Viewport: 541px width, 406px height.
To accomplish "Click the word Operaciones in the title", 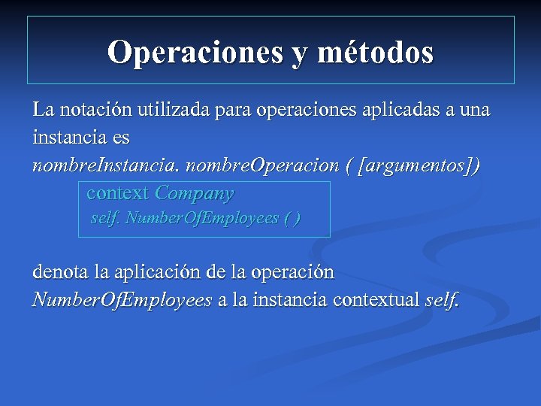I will [x=192, y=53].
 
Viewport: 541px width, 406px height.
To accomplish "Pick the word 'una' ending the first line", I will [x=473, y=111].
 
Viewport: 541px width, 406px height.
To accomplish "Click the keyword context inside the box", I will [x=118, y=193].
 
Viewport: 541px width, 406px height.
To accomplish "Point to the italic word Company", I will [x=195, y=193].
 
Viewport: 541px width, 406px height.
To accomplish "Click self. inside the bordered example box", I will [x=105, y=219].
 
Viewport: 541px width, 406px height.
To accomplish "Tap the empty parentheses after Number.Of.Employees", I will [x=292, y=219].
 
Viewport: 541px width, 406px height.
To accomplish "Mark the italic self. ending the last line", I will [x=442, y=301].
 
